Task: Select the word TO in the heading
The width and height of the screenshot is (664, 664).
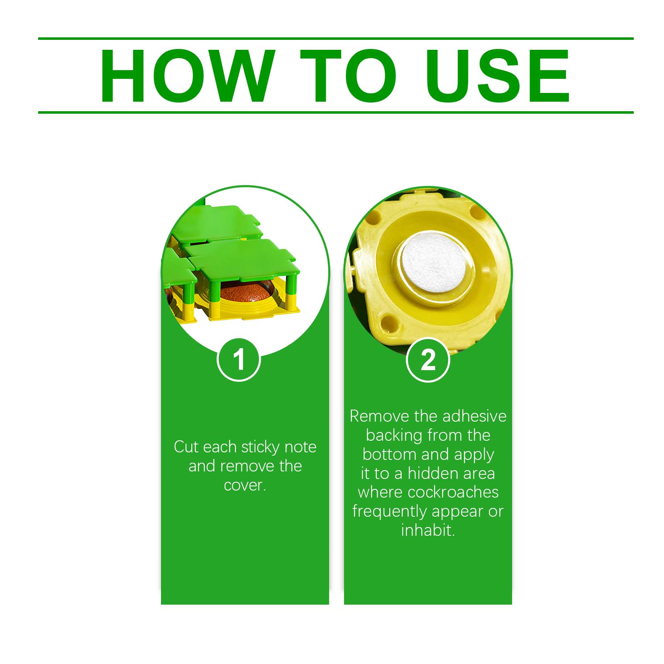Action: tap(349, 76)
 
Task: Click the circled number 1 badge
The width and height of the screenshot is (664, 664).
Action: tap(239, 359)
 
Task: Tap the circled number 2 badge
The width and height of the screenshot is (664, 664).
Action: tap(428, 359)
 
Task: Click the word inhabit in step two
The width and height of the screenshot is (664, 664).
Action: tap(428, 530)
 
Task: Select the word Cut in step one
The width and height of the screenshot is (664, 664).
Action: tap(186, 447)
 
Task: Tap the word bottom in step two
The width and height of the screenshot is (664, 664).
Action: tap(390, 454)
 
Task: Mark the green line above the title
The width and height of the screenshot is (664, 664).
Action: tap(336, 39)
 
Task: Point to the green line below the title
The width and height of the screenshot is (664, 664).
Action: tap(336, 112)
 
